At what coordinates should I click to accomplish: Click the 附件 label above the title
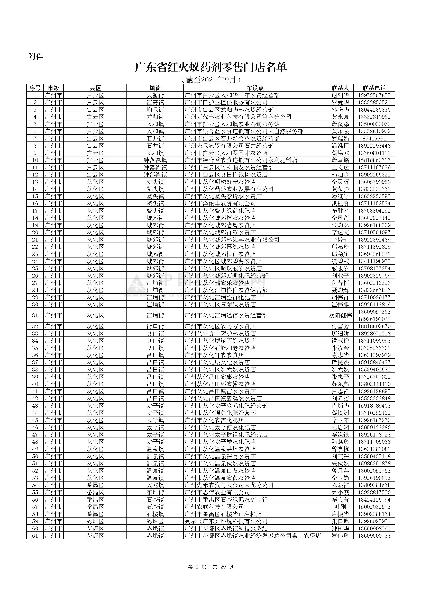[x=36, y=57]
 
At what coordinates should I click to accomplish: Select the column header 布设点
[x=255, y=88]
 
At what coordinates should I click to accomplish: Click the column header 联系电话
[x=374, y=88]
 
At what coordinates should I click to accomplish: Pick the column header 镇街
[x=155, y=88]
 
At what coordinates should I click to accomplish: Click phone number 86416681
[x=374, y=139]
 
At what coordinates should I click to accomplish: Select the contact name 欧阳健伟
[x=340, y=315]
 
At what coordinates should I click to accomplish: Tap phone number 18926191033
[x=374, y=319]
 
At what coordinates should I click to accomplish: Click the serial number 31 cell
[x=35, y=315]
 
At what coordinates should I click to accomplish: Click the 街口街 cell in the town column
[x=155, y=326]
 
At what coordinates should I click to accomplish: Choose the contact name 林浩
[x=340, y=240]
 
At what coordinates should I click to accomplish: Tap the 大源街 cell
[x=155, y=95]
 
